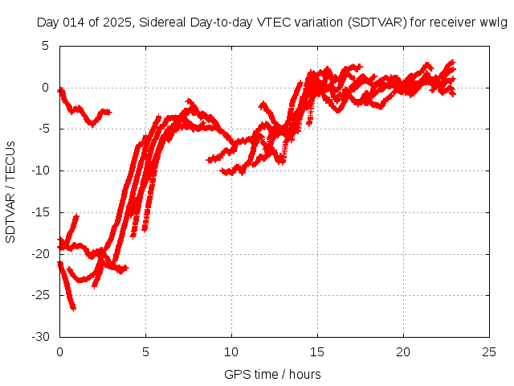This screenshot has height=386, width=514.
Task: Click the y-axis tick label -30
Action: (x=40, y=336)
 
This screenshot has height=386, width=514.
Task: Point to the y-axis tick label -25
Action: (x=40, y=295)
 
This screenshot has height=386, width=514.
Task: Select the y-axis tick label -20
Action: (x=40, y=253)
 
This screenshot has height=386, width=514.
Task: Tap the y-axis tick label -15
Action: (x=40, y=212)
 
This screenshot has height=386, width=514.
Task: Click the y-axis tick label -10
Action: (x=40, y=170)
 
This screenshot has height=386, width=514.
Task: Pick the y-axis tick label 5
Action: (x=46, y=46)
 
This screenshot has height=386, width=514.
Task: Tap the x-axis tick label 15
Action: (x=317, y=352)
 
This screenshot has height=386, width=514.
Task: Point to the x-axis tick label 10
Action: (x=231, y=352)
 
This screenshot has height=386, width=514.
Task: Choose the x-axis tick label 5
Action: (x=145, y=352)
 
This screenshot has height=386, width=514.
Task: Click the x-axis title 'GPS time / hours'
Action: (x=272, y=374)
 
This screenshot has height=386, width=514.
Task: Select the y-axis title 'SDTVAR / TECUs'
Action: (x=10, y=192)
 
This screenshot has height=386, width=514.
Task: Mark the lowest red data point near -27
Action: (x=74, y=308)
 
